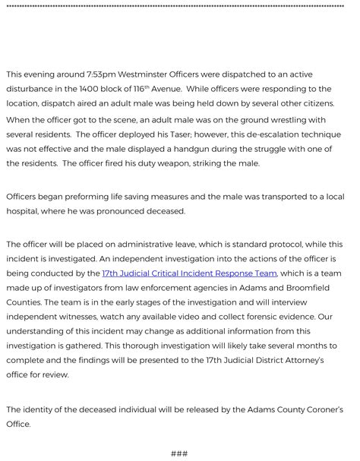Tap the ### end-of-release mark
pos(179,453)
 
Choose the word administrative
pos(145,245)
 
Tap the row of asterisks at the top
pos(180,6)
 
